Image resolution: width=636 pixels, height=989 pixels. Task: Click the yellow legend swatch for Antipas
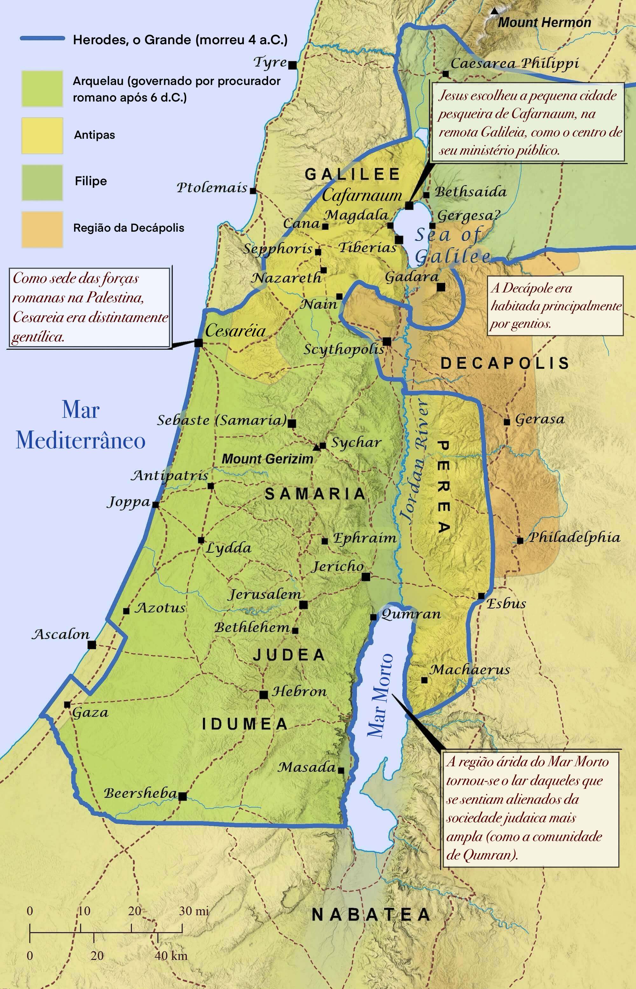(42, 136)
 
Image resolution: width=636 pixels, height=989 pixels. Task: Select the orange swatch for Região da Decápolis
(42, 229)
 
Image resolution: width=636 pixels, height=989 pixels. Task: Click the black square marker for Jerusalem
(303, 605)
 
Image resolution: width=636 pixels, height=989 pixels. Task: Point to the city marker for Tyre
(292, 65)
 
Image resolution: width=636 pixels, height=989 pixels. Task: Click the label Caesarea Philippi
(514, 63)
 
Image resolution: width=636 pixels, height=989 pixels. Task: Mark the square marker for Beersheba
(182, 796)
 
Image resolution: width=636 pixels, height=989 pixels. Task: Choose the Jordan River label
(414, 461)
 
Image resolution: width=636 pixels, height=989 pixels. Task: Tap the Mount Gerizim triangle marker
(316, 447)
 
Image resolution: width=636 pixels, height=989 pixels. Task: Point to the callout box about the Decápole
(555, 305)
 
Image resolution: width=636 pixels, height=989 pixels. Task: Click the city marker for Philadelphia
(520, 540)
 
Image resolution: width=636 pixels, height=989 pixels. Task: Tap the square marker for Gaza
(67, 705)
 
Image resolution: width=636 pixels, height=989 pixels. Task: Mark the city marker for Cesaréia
(198, 343)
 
